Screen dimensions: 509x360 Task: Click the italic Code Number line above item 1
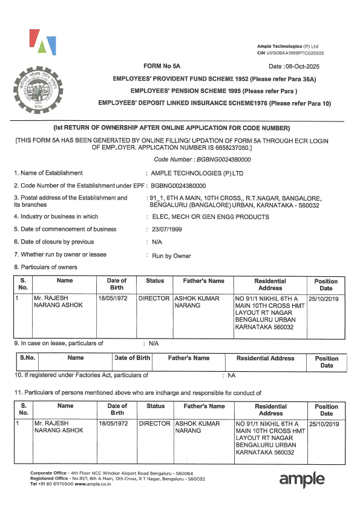tap(202, 159)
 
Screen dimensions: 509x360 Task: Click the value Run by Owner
tap(171, 256)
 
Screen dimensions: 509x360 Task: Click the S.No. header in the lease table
tap(28, 358)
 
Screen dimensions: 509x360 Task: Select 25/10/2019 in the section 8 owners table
tap(324, 299)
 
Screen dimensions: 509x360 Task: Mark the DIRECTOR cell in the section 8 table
tap(155, 299)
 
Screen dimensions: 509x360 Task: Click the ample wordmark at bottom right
tap(301, 479)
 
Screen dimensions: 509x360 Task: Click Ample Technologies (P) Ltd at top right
tap(287, 47)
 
